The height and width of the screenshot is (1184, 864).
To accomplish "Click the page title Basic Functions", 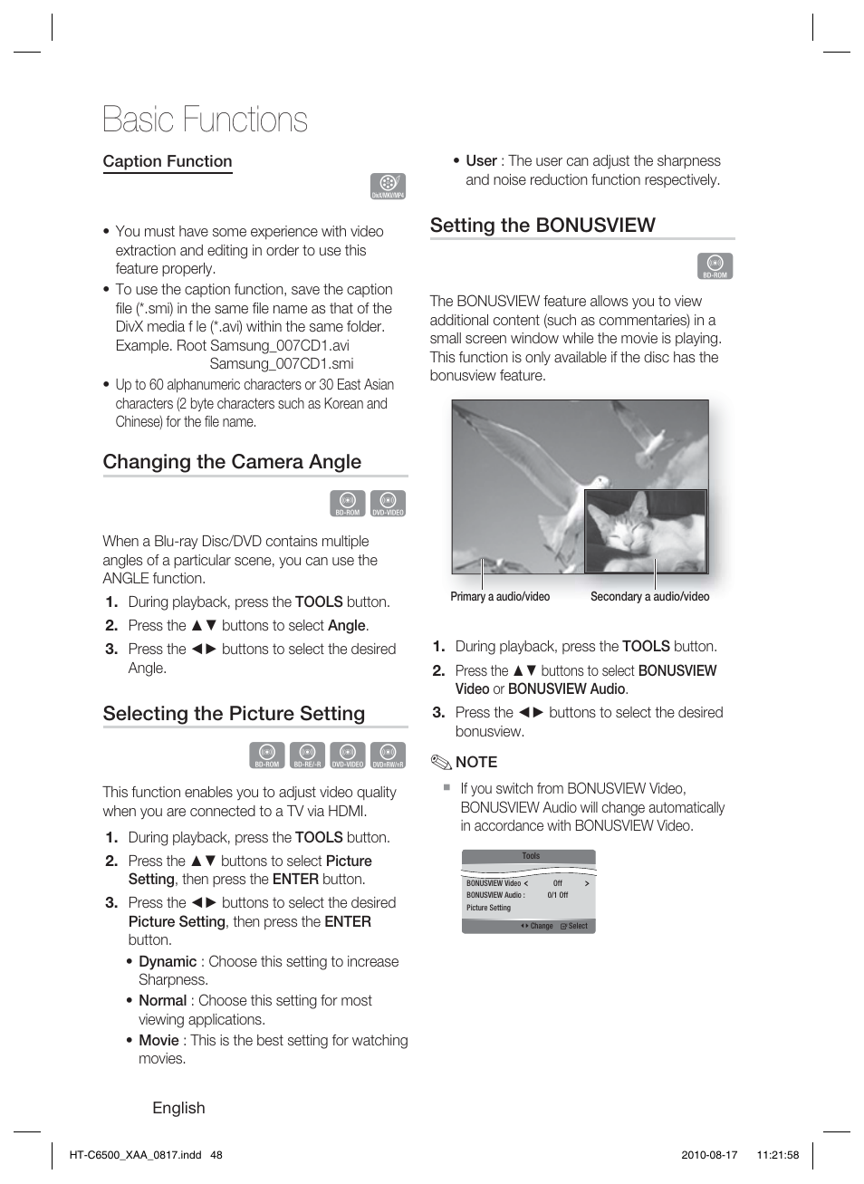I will [x=205, y=120].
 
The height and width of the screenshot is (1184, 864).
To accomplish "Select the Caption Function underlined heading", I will [x=168, y=161].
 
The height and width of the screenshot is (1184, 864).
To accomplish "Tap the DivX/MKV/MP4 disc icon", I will [x=388, y=186].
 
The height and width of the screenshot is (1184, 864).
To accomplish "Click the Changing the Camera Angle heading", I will [x=232, y=462].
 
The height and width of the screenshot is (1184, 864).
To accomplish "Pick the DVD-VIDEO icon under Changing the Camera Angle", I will [x=388, y=503].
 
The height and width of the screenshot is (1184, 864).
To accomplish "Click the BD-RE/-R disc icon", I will [x=307, y=755].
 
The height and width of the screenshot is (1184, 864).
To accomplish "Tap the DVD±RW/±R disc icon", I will [x=388, y=755].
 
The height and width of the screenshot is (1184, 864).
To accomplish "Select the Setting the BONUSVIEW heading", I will [x=542, y=226].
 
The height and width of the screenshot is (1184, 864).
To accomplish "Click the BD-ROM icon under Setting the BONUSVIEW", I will [x=715, y=265].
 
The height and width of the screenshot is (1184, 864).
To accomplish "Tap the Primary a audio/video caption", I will [x=500, y=597].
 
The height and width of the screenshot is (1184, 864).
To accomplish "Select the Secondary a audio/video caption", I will [x=649, y=597].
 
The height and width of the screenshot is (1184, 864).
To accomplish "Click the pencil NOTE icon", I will [x=440, y=762].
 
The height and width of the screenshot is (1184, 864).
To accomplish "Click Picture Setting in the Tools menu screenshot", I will [x=489, y=908].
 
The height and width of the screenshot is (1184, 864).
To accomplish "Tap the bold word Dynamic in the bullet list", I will [x=168, y=961].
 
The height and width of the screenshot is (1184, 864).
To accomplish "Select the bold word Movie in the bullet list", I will [x=158, y=1040].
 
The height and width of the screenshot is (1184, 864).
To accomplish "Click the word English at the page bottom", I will [x=178, y=1108].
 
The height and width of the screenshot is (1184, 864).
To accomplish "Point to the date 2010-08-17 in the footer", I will [x=709, y=1155].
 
